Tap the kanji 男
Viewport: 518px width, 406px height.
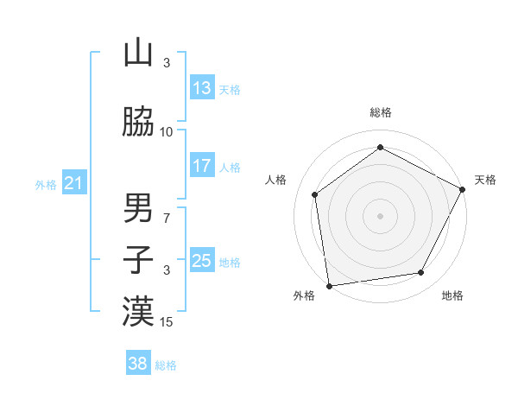138,207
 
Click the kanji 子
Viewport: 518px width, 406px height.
138,259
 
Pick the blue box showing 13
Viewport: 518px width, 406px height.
202,88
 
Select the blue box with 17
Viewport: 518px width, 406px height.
202,166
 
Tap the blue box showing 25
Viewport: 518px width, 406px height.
202,261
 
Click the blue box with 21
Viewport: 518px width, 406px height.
73,183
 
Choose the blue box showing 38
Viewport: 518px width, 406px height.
138,364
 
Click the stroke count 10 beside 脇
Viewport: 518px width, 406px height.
167,132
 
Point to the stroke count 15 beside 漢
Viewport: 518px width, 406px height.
167,322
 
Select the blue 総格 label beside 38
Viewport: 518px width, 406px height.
166,365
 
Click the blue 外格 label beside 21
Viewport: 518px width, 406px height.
45,185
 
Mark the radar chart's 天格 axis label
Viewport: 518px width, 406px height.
485,180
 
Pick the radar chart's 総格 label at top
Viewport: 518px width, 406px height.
380,112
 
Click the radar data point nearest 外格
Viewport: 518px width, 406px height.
329,285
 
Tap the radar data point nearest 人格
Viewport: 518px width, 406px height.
315,194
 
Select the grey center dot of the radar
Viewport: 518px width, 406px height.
380,215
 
